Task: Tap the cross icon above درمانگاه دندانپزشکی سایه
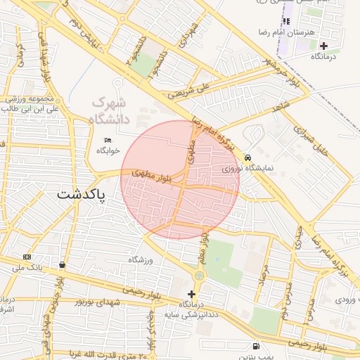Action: point(191,293)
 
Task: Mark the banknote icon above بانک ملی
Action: point(27,257)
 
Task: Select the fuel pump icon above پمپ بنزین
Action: point(255,346)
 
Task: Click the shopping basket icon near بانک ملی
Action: point(63,265)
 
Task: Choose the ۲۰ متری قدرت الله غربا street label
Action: point(105,354)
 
